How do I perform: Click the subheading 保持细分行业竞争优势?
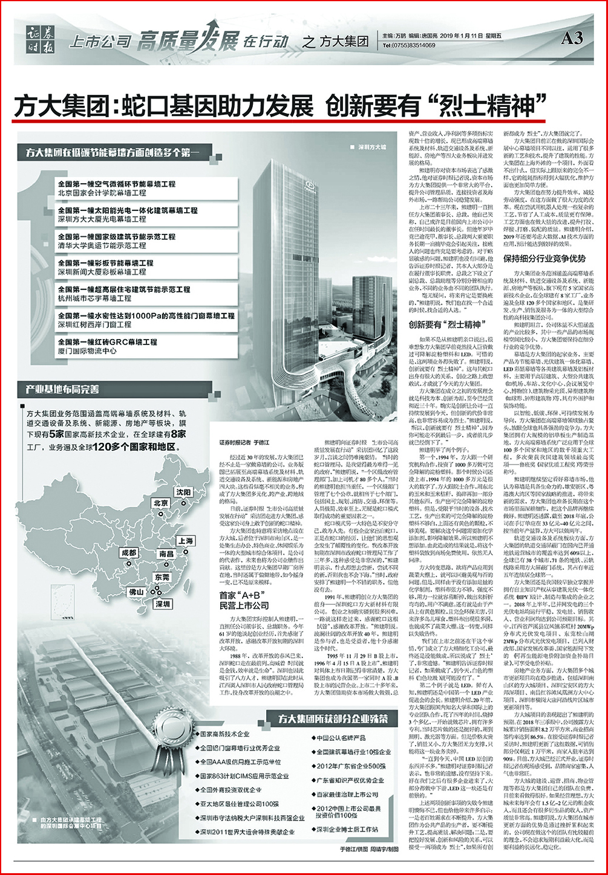click(544, 258)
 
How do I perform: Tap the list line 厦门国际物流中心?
click(87, 350)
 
